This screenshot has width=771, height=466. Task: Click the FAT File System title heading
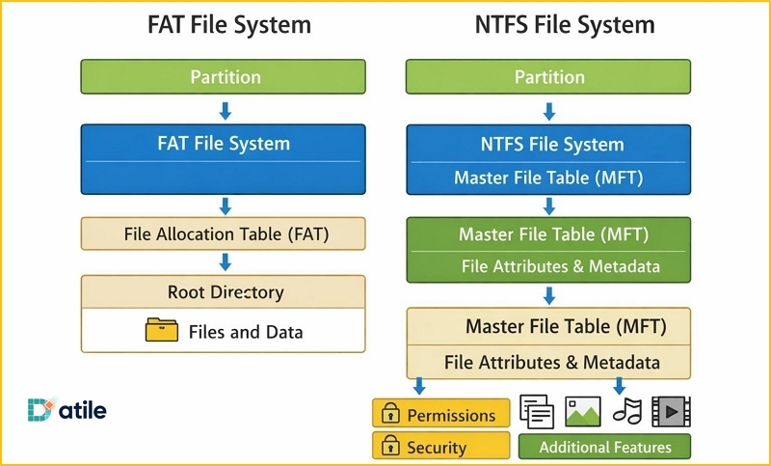[x=228, y=25]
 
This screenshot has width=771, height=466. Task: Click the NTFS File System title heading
[x=565, y=25]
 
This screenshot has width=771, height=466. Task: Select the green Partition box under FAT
[x=224, y=76]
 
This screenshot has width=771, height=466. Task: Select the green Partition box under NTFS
[x=548, y=76]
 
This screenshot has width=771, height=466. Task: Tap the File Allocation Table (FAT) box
[x=224, y=233]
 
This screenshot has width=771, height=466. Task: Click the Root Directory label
[x=225, y=292]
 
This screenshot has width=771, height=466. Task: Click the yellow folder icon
[x=161, y=331]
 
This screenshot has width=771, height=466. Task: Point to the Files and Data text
[x=245, y=332]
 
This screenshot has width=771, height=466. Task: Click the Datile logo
[x=67, y=410]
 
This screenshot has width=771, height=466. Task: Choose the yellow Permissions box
[x=440, y=415]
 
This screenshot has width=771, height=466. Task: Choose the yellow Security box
[x=440, y=447]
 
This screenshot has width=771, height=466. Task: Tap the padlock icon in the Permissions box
[x=390, y=415]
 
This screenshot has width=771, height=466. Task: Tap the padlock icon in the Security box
[x=390, y=447]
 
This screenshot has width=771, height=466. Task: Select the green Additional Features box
[x=604, y=447]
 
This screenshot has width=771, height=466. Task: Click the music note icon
[x=627, y=412]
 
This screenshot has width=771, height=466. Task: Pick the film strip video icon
[x=673, y=412]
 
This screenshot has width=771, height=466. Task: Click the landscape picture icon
[x=583, y=412]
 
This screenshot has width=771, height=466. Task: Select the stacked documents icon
[x=537, y=412]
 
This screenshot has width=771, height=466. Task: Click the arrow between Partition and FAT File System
[x=225, y=111]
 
